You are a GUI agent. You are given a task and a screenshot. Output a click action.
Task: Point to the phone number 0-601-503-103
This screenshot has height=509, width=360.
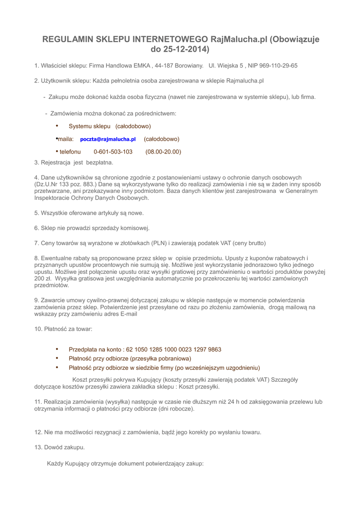click(113, 152)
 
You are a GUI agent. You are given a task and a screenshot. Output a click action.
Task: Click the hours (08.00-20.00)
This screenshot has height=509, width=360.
click(163, 152)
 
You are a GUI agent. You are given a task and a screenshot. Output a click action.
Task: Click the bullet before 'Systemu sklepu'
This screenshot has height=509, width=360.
click(57, 126)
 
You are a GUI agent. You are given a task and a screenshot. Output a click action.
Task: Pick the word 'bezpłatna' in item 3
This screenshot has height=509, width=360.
click(100, 162)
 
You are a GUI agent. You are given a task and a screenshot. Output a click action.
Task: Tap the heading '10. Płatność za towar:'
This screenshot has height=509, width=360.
click(63, 329)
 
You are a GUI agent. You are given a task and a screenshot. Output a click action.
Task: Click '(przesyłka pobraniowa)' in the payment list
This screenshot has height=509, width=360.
click(161, 358)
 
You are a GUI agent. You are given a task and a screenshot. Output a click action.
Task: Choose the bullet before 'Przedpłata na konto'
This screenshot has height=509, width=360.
click(57, 349)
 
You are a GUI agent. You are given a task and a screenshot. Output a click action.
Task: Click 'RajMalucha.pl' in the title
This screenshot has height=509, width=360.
click(239, 39)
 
